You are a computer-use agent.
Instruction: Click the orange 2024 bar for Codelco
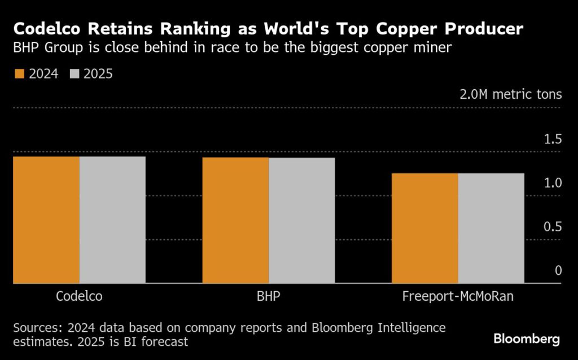(46, 219)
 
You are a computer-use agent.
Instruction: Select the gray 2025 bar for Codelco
(112, 219)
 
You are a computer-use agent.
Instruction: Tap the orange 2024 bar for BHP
(235, 220)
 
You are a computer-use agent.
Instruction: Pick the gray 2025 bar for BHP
(301, 220)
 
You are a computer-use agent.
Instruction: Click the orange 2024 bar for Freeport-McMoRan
(425, 228)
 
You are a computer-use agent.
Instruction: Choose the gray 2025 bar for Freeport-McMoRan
(491, 228)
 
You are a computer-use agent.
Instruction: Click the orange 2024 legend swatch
(19, 74)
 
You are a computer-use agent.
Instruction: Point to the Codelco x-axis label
(80, 296)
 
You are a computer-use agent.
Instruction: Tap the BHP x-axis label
(269, 296)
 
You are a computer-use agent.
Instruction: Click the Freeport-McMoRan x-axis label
(458, 296)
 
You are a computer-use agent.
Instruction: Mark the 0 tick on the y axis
(558, 271)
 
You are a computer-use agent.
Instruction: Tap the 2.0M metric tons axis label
(510, 94)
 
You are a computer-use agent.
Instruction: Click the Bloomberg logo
(527, 339)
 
